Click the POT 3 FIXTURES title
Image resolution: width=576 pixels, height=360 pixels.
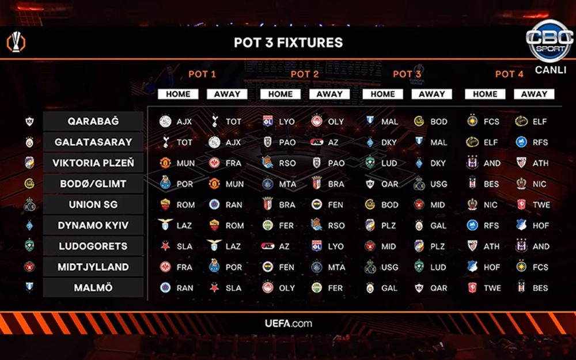coord(288,43)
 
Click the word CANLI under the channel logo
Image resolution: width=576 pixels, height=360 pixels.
coord(550,70)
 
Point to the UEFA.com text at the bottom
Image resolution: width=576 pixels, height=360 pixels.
coord(288,323)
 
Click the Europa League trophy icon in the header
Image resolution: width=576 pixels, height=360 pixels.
coord(16,43)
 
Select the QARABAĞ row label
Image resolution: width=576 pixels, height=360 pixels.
coord(93,122)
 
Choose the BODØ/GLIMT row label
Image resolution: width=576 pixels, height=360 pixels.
coord(93,184)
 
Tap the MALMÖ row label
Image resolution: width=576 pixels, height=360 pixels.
coord(93,287)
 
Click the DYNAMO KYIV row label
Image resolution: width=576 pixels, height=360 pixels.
coord(93,225)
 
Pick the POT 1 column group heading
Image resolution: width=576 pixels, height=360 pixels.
coord(202,74)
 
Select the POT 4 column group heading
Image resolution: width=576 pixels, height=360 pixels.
coord(509,74)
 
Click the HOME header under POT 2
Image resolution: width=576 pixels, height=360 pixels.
coord(281,94)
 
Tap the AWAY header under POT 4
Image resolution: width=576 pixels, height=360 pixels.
coord(534,94)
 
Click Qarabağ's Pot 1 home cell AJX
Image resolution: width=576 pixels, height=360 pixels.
coord(177,122)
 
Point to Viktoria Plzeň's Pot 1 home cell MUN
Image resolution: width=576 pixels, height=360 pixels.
coord(177,163)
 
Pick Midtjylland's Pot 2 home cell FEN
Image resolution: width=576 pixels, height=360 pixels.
coord(279,267)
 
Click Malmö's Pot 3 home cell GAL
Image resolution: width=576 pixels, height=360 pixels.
coord(382,287)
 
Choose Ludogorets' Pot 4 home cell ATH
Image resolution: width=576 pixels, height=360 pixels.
coord(484,246)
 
